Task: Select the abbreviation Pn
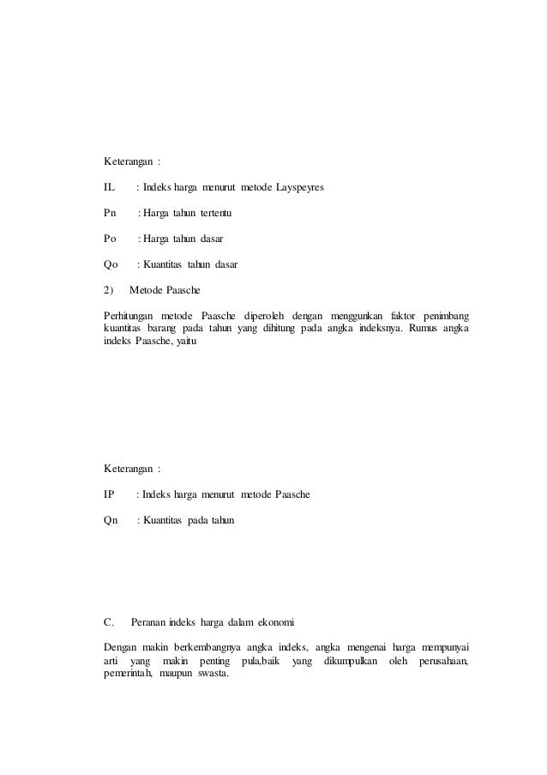click(110, 212)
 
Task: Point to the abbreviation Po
click(110, 239)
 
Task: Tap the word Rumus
click(424, 332)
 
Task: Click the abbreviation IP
click(109, 495)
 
